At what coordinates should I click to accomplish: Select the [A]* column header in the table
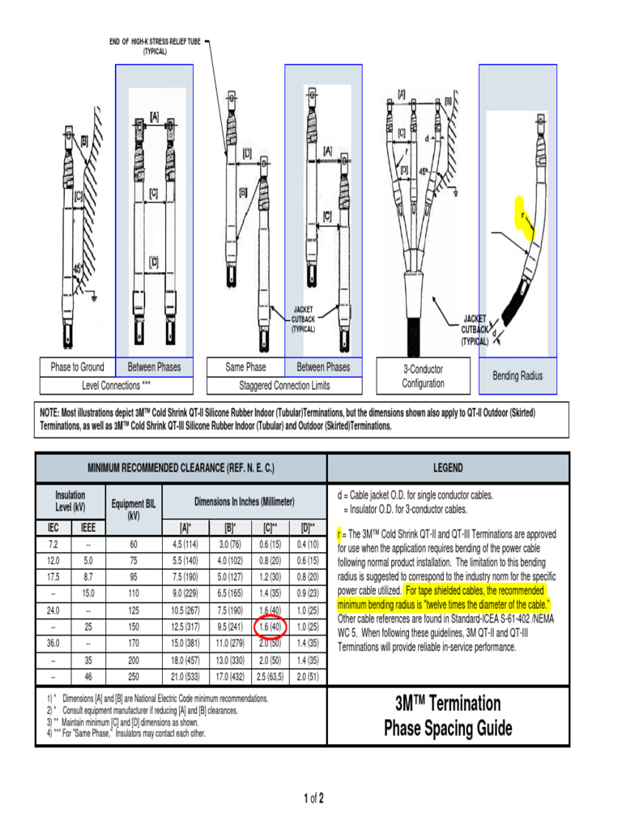click(185, 527)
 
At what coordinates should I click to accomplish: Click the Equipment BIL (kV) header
click(134, 510)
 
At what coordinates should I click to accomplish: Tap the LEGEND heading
click(448, 468)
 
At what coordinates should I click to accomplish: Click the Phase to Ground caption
click(78, 367)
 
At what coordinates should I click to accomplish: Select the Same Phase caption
click(245, 367)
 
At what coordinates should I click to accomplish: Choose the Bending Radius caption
click(518, 376)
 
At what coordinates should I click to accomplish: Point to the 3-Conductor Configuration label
click(423, 376)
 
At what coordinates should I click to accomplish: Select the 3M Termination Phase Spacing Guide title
click(448, 715)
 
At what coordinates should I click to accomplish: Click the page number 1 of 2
click(310, 798)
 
